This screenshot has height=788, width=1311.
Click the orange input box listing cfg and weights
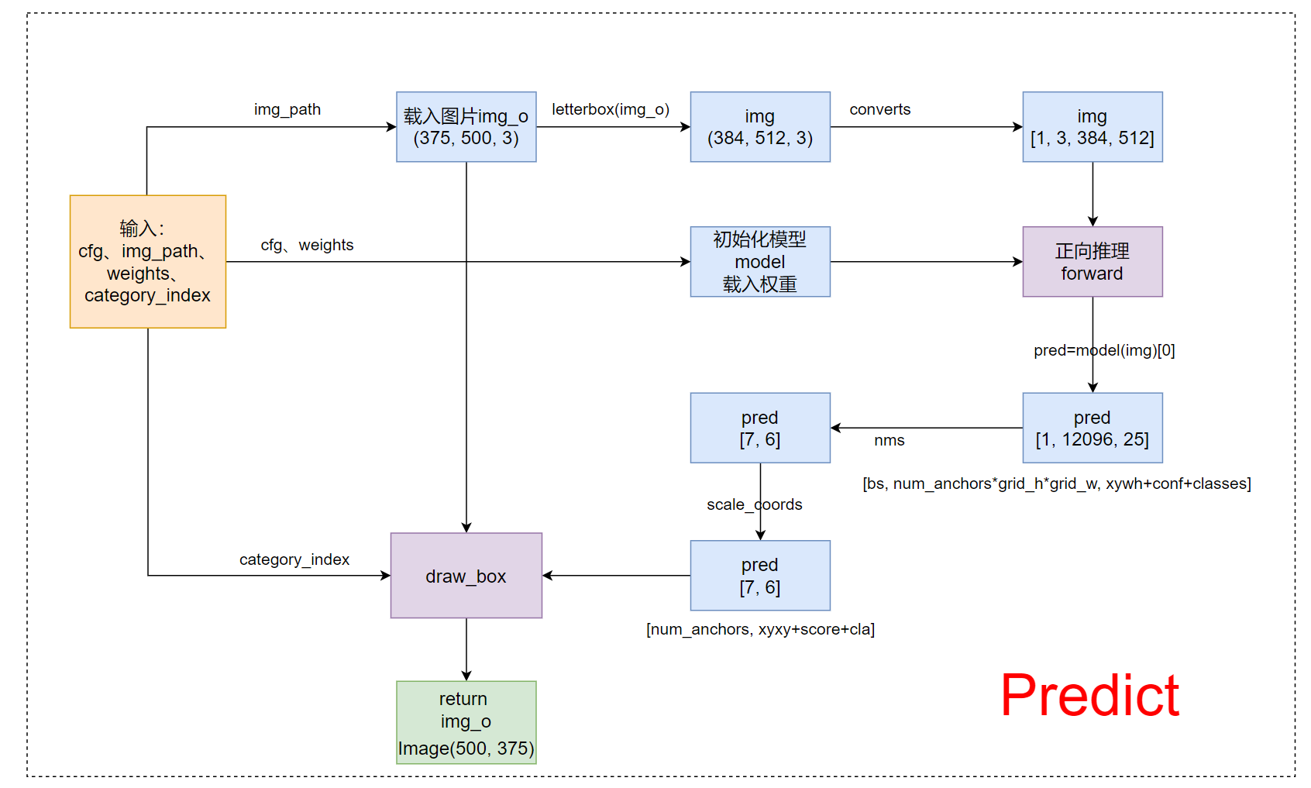pos(147,261)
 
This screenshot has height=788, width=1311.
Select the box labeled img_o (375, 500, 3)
pos(466,127)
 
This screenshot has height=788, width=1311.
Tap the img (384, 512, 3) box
pos(759,127)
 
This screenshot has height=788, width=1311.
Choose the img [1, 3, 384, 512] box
pos(1092,127)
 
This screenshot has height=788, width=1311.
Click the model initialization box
pos(759,261)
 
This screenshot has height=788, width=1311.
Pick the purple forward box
pos(1092,261)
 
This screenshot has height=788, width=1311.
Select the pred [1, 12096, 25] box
pos(1092,428)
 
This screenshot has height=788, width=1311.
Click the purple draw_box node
pos(466,576)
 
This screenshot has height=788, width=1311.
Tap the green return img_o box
pos(466,722)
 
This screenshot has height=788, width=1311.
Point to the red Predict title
pos(1089,695)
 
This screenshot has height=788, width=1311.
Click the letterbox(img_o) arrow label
pos(611,109)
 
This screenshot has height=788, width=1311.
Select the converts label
pos(879,109)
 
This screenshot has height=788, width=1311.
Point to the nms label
pos(889,440)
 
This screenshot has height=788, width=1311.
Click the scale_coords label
pos(754,504)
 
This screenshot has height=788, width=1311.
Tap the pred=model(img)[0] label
pos(1103,350)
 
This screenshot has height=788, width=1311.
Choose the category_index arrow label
pos(294,559)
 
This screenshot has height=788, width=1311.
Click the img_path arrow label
pos(287,109)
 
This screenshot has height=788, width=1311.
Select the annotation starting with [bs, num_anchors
pos(1056,483)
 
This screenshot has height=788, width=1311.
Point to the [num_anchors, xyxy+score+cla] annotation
pos(760,629)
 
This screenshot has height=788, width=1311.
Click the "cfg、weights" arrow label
pos(307,245)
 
